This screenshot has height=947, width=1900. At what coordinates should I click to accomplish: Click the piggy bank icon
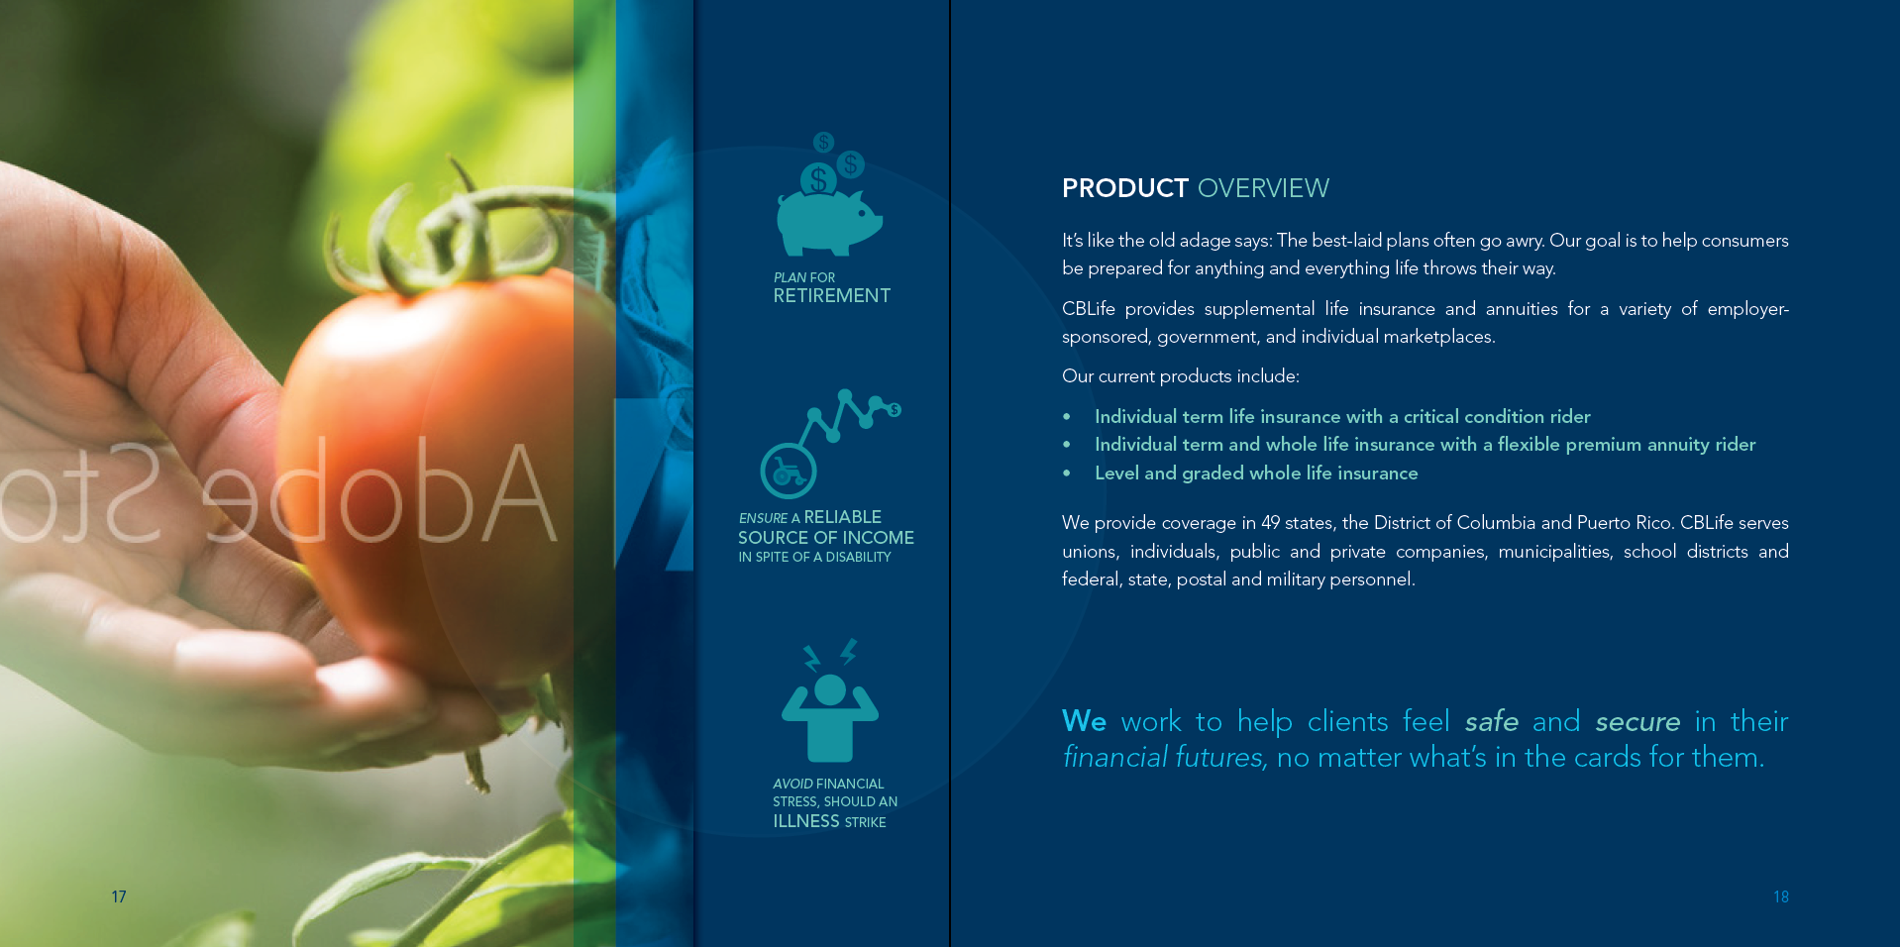pos(829,220)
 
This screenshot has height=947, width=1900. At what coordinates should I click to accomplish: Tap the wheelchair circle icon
pos(788,471)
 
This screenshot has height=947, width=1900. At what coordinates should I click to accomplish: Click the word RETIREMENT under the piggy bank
pos(832,296)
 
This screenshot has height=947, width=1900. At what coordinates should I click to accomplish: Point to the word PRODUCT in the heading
pos(1125,188)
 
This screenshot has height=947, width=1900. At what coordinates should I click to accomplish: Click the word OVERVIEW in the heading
pos(1263,188)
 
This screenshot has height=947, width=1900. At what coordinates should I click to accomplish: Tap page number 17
pos(119,896)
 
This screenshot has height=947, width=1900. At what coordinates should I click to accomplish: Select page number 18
pos(1781,896)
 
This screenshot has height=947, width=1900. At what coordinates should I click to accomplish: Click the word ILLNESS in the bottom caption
pos(806,821)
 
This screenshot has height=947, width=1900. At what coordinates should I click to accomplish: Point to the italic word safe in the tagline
pos(1491,721)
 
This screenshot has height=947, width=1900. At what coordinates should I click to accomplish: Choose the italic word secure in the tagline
pos(1637,722)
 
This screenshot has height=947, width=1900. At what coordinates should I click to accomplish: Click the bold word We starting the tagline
pos(1084,721)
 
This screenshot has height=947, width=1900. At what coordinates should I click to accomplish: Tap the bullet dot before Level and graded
pos(1067,473)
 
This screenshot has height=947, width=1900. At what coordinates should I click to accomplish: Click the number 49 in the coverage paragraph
pos(1272,523)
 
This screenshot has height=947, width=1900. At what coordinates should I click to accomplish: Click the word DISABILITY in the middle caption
pos(858,558)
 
